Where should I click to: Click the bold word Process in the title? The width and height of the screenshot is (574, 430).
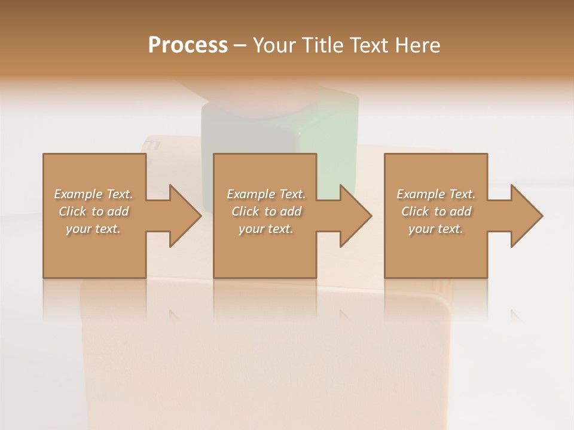[x=188, y=45]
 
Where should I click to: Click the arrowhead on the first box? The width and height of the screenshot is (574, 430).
[x=184, y=216]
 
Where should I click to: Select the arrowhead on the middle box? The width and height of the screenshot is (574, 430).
[x=355, y=216]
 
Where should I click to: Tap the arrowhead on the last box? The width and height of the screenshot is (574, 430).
[x=526, y=216]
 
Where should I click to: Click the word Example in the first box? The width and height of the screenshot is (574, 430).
[x=78, y=194]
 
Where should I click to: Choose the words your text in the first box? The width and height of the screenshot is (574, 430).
[x=93, y=229]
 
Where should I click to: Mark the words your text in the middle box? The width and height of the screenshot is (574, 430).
[x=265, y=229]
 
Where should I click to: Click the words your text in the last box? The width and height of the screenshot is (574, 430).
[x=435, y=229]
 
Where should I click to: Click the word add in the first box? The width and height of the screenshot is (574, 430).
[x=118, y=211]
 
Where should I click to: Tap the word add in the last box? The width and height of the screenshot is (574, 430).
[x=460, y=211]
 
